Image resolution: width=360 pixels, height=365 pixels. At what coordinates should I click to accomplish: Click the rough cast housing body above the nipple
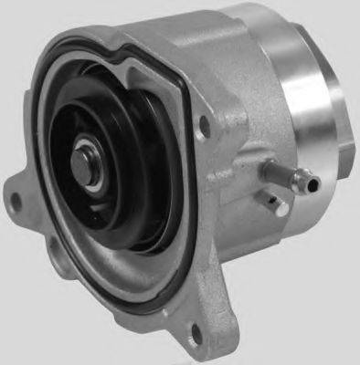[x=242, y=128]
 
